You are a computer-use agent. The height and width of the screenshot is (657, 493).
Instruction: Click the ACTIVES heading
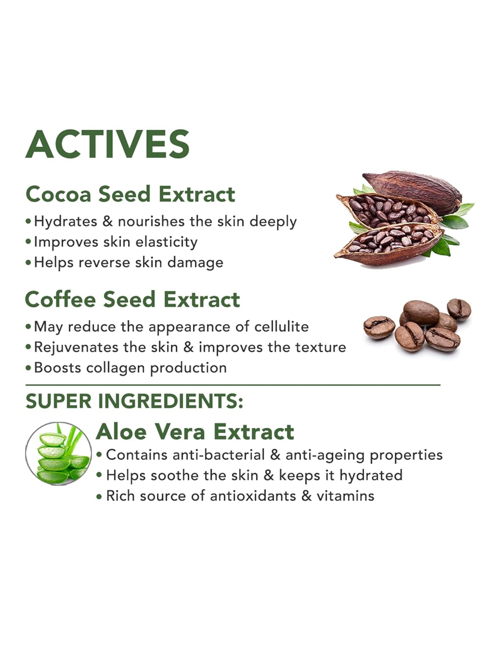pos(107,144)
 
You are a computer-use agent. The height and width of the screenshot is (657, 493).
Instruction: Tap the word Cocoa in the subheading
pos(58,194)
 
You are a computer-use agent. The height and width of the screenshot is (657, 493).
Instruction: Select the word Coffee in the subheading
pos(60,299)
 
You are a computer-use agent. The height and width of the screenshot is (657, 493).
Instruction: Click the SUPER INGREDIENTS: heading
pos(135,401)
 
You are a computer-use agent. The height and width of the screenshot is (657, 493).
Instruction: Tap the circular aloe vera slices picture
pos(59,453)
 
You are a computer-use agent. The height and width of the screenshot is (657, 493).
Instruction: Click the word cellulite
pos(281,326)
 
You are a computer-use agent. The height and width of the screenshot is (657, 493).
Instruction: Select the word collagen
pos(116,368)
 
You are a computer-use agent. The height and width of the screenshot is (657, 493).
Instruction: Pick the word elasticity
pos(166,242)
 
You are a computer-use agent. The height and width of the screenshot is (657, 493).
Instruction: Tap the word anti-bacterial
pos(219,455)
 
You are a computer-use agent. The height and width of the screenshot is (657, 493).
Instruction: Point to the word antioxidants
pos(253,496)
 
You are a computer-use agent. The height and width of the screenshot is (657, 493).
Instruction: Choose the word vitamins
pos(345,496)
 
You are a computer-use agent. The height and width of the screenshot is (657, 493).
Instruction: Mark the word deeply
pos(273,222)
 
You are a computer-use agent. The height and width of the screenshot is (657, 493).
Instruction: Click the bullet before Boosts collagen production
pos(28,368)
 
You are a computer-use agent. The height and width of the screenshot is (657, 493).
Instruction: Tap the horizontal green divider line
pos(233,385)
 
